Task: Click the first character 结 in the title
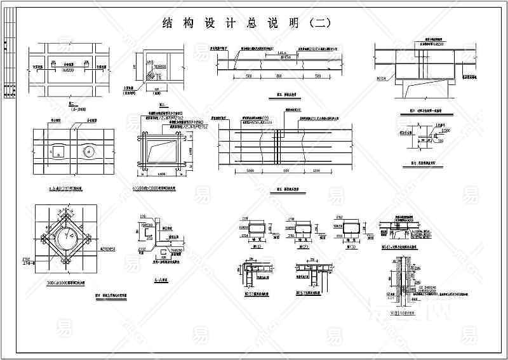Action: click(169, 23)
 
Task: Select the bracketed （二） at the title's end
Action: click(319, 23)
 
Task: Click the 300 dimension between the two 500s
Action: click(277, 76)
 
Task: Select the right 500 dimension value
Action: click(316, 76)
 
